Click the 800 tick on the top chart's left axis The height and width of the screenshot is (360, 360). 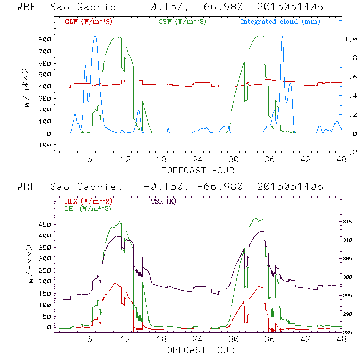click(x=45, y=40)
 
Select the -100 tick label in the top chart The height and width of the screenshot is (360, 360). click(x=43, y=145)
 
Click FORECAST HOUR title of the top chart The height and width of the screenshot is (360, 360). click(x=198, y=170)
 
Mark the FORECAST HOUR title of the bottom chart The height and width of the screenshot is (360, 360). click(x=198, y=350)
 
